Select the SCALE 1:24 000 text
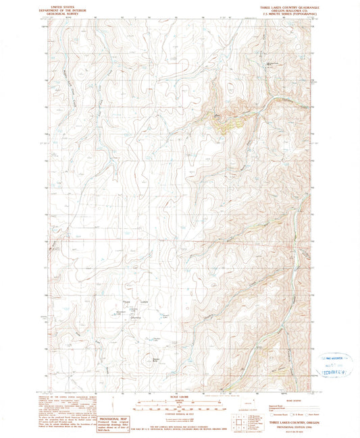point(180,395)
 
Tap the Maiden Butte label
point(156,358)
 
